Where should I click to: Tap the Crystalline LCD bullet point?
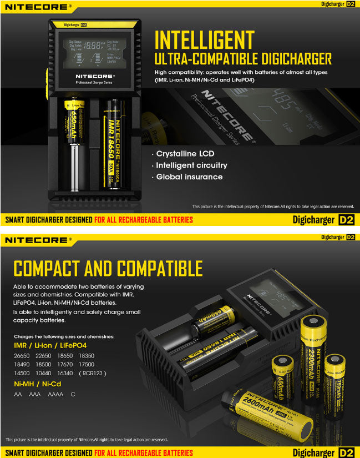(x=185, y=153)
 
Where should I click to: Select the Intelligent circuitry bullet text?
(x=191, y=165)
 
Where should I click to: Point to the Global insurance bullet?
(x=189, y=177)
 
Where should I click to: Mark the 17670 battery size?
(x=65, y=364)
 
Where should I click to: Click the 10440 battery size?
(x=44, y=373)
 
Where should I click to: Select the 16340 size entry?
(x=65, y=373)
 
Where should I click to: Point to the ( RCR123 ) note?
(x=93, y=373)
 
